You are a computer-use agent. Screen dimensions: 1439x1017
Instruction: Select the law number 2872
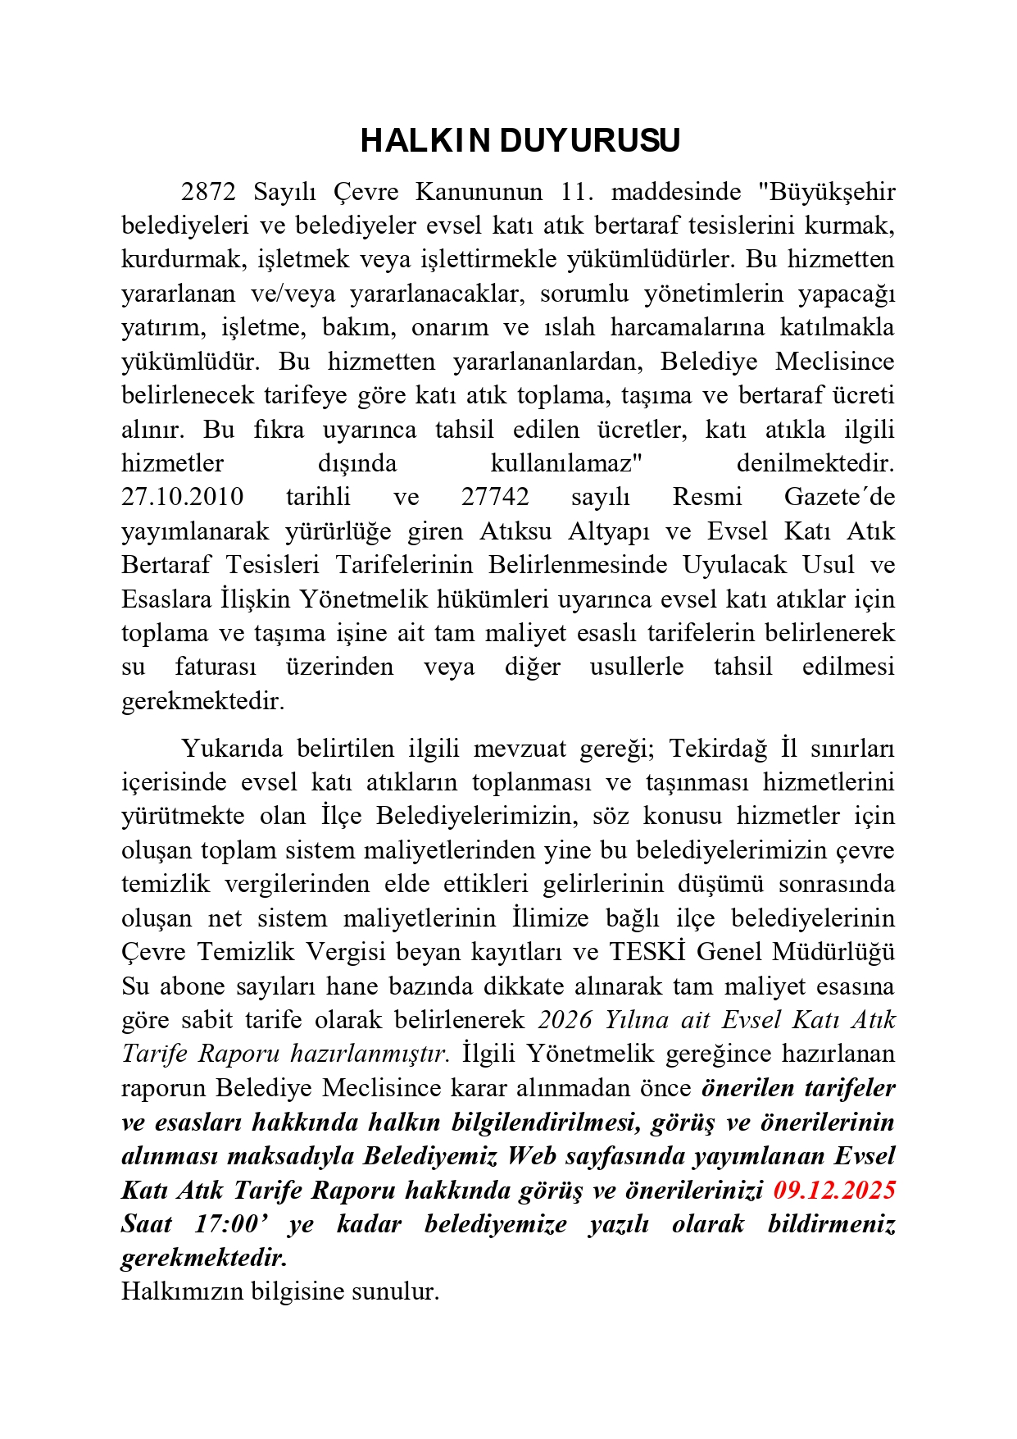click(x=208, y=192)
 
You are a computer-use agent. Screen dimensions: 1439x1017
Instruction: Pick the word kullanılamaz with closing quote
click(x=566, y=463)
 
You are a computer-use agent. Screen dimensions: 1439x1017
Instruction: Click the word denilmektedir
click(x=815, y=463)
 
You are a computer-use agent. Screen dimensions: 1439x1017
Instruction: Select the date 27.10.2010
click(x=183, y=497)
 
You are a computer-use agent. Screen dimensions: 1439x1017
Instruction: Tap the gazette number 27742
click(x=495, y=497)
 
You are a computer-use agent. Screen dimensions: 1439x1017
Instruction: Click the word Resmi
click(x=707, y=497)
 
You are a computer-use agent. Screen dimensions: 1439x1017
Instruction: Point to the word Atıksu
click(x=515, y=531)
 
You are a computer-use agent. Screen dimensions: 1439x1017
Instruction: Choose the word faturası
click(x=216, y=667)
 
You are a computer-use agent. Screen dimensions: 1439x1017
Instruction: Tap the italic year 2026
click(x=565, y=1020)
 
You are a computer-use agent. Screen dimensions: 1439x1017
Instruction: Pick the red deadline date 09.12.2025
click(x=834, y=1190)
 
